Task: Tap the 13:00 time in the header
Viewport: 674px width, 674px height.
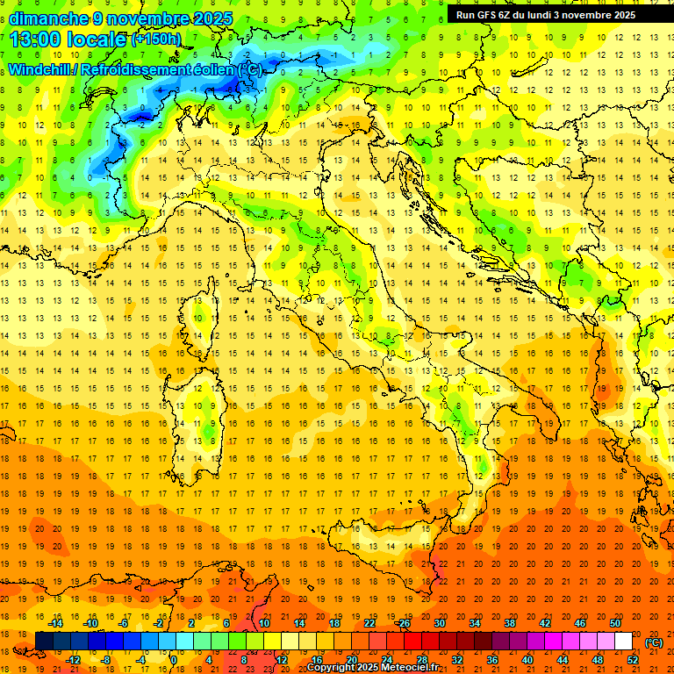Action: [39, 39]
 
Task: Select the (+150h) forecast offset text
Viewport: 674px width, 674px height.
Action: [155, 39]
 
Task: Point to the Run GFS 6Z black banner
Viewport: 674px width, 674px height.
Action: [553, 15]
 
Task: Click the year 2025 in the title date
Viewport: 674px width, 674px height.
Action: [212, 18]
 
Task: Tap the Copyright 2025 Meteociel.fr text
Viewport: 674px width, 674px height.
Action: [372, 668]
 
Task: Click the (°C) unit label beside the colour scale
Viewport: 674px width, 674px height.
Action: [653, 642]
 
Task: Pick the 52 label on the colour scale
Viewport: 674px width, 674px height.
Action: [633, 660]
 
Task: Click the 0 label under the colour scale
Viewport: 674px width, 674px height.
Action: [173, 660]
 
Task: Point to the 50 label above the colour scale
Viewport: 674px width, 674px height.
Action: [615, 623]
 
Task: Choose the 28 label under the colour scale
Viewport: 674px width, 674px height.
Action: [421, 660]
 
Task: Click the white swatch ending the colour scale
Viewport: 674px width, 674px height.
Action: [623, 642]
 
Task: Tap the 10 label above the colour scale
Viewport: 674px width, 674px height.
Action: [263, 623]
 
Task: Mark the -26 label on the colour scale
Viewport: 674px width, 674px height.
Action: [404, 623]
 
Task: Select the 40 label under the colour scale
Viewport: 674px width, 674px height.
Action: [527, 660]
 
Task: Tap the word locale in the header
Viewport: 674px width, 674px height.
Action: [99, 39]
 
